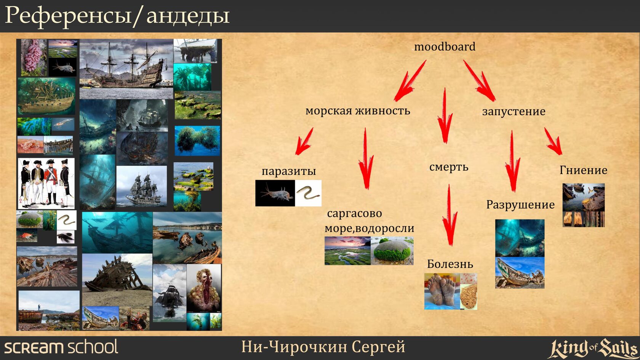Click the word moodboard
pyautogui.click(x=445, y=46)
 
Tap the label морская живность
pyautogui.click(x=358, y=110)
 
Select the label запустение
pyautogui.click(x=514, y=111)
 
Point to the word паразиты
pyautogui.click(x=289, y=171)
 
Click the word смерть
pyautogui.click(x=449, y=167)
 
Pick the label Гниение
pyautogui.click(x=584, y=170)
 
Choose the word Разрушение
pyautogui.click(x=520, y=205)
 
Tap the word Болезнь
pyautogui.click(x=450, y=264)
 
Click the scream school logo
pyautogui.click(x=61, y=347)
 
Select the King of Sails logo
pyautogui.click(x=593, y=348)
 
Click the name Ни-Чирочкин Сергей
pyautogui.click(x=323, y=347)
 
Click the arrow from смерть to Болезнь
pyautogui.click(x=450, y=215)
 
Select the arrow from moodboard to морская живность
pyautogui.click(x=410, y=81)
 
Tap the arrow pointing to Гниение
pyautogui.click(x=553, y=141)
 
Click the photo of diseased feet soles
pyautogui.click(x=442, y=291)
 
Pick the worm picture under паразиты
pyautogui.click(x=308, y=193)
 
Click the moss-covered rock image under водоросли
pyautogui.click(x=392, y=251)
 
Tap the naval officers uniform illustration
pyautogui.click(x=46, y=184)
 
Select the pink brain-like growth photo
pyautogui.click(x=34, y=57)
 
